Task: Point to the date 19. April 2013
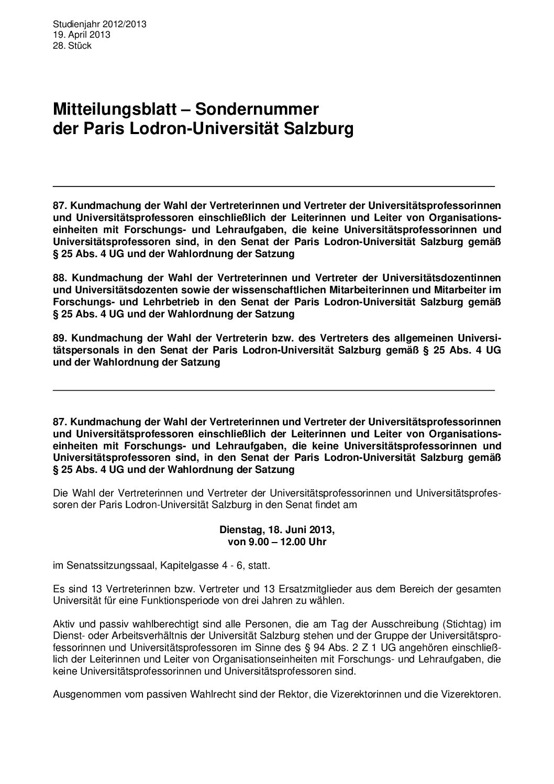point(81,35)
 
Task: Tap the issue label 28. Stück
point(72,46)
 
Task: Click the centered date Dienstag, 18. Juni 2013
point(277,530)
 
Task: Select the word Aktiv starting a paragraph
point(64,624)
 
